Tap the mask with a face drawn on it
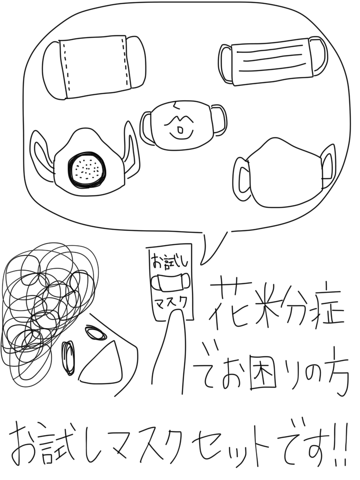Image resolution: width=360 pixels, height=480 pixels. point(183,125)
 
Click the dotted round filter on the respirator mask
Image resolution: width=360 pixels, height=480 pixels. point(87,170)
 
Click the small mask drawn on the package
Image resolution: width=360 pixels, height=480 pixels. point(171,282)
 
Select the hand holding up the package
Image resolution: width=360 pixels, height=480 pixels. point(168,352)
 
